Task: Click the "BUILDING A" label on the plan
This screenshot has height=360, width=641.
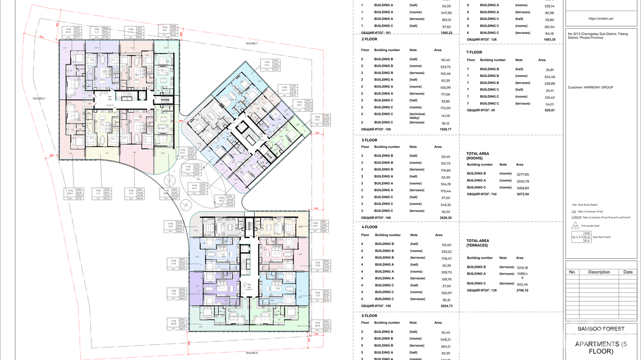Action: (39, 98)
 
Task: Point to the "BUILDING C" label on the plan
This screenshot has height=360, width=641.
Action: (252, 43)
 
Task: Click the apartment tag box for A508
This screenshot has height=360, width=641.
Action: (170, 31)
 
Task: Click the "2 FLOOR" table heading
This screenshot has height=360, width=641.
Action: (369, 39)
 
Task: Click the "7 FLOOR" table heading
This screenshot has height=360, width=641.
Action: (474, 52)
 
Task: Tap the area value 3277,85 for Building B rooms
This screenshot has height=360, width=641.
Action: (523, 174)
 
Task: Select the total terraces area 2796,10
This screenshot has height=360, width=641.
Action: (523, 290)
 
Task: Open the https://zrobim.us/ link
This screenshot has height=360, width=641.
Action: (601, 19)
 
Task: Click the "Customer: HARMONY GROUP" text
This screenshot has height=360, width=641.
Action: (590, 87)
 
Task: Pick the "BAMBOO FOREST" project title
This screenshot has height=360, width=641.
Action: (601, 329)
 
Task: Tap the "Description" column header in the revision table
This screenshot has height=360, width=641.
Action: (599, 272)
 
